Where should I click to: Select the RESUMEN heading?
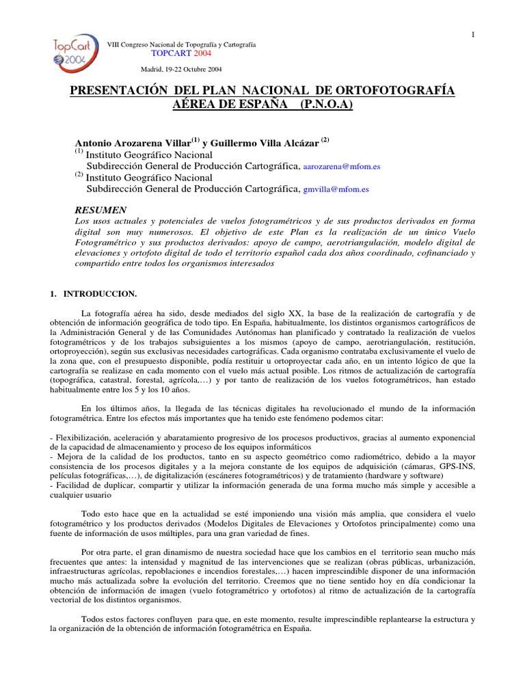coord(100,210)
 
